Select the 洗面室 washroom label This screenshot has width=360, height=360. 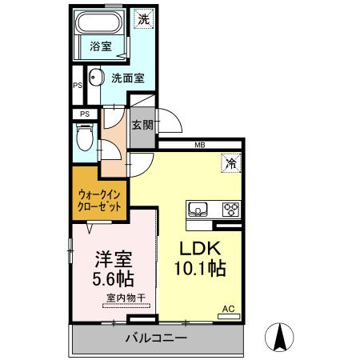point(127,78)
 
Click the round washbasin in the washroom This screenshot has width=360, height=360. point(94,78)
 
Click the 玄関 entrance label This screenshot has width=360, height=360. point(143,125)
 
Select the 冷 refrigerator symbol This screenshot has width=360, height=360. point(229,162)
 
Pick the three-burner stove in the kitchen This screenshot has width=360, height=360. point(230,210)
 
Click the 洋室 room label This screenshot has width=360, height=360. point(113,260)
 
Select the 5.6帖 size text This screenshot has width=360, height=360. point(113,280)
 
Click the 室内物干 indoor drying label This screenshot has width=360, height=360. point(126,299)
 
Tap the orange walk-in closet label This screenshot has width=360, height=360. point(100,199)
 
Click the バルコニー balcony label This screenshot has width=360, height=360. point(156,338)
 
